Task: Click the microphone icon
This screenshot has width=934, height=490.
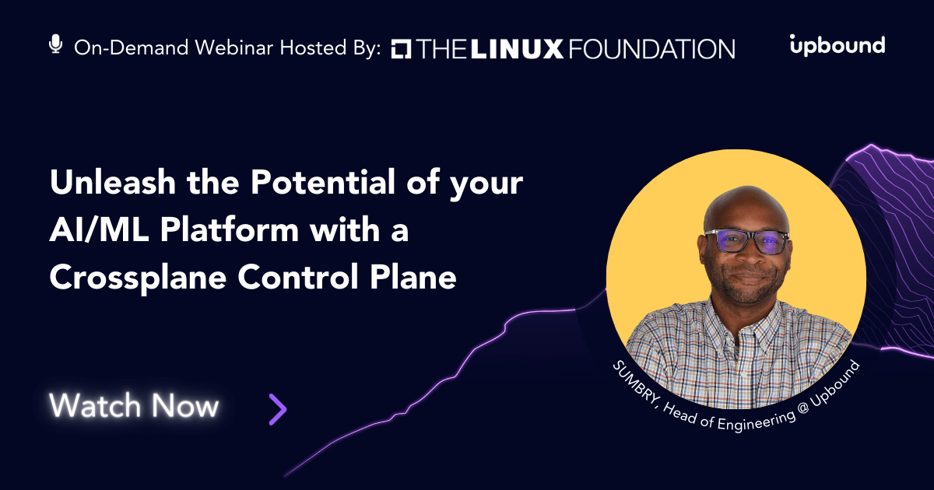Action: [x=55, y=44]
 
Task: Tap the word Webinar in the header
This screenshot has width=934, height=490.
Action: [x=234, y=47]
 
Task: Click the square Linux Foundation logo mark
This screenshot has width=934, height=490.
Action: [x=401, y=49]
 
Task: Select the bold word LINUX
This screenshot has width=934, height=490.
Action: [x=517, y=49]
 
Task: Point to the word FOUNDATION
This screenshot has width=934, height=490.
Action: [x=651, y=49]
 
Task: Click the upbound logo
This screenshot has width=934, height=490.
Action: [x=837, y=45]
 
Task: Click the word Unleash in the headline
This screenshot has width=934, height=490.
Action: [x=113, y=182]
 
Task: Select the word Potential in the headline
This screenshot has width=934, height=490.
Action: [x=323, y=182]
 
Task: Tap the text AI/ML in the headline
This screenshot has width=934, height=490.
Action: [x=100, y=229]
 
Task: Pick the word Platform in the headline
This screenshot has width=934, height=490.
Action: [x=230, y=229]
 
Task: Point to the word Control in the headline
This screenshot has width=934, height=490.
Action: [x=298, y=277]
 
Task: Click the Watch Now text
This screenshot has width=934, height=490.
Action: [x=134, y=405]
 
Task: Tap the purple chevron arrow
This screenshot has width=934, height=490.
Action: [x=278, y=409]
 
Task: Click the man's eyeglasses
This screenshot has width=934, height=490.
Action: [x=746, y=241]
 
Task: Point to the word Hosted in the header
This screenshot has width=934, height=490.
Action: [x=313, y=47]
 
